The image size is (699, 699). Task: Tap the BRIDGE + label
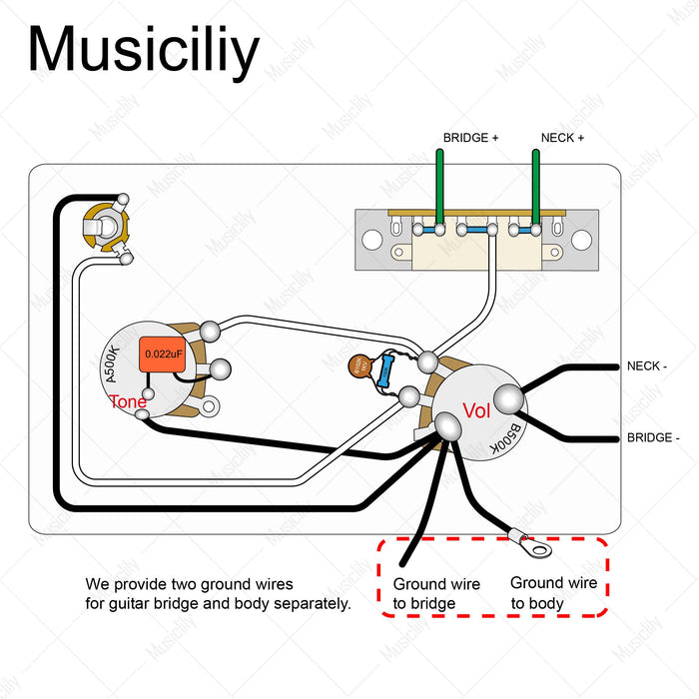tap(470, 138)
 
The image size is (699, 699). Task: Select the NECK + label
tap(562, 138)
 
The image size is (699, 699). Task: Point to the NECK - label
tap(646, 366)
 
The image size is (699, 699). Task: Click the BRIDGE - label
tap(653, 437)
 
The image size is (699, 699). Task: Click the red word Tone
tap(129, 401)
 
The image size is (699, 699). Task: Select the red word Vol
tap(476, 409)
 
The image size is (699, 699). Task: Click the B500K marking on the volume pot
tap(508, 438)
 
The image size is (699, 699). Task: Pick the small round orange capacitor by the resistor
tap(359, 367)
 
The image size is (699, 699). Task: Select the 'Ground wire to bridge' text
tap(436, 593)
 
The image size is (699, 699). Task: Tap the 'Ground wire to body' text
tap(553, 593)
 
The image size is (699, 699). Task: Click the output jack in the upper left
tap(104, 226)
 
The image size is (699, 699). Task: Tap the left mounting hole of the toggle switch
tap(371, 240)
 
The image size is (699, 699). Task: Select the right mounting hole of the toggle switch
tap(582, 240)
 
